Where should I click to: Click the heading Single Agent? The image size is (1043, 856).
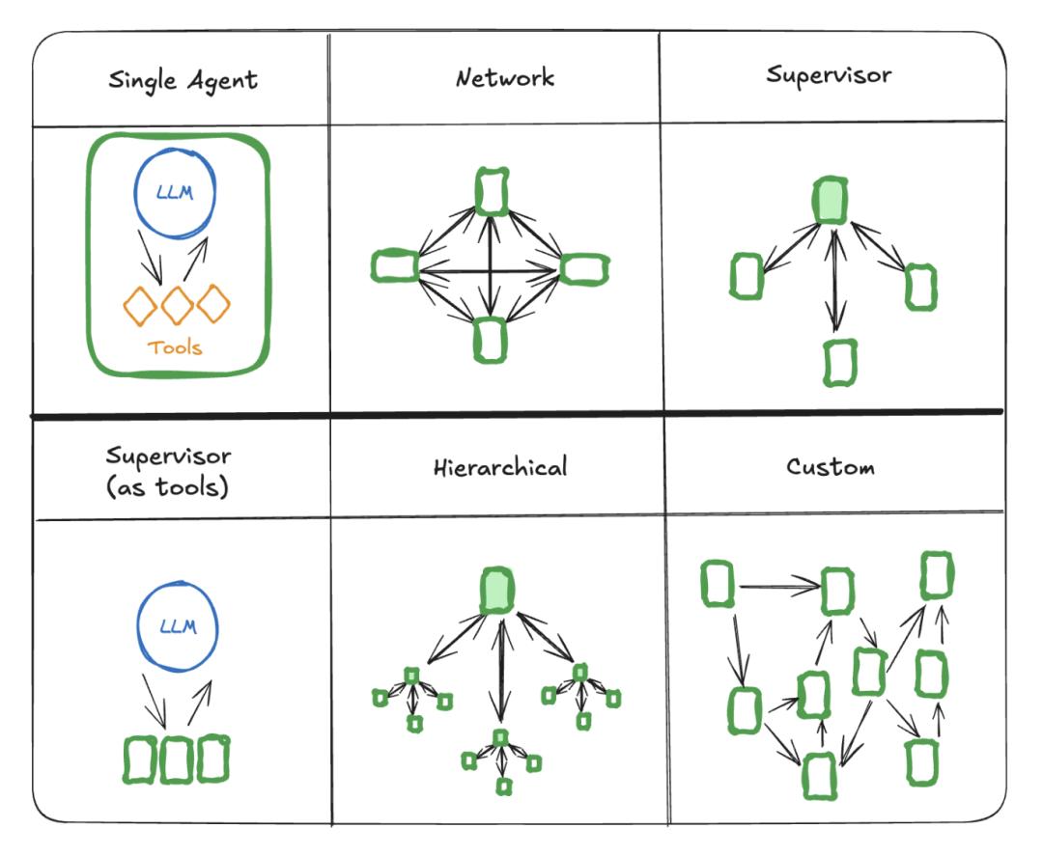(183, 79)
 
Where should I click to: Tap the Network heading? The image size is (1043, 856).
(504, 77)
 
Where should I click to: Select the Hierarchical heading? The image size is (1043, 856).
(500, 468)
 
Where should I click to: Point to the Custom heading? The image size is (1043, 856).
(830, 468)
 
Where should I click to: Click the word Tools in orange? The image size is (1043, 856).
(175, 347)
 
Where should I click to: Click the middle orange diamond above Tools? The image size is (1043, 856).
(177, 306)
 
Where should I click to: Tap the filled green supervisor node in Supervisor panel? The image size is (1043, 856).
(830, 201)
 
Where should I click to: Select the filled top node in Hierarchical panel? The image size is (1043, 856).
(497, 590)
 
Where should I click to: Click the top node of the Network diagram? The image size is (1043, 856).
(492, 191)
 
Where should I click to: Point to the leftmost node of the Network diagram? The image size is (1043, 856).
(394, 266)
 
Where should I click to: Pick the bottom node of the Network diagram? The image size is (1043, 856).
(491, 340)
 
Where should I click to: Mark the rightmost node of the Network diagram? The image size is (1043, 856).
(584, 268)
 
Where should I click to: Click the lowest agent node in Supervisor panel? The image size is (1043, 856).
(839, 363)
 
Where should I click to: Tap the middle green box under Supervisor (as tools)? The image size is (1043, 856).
(176, 759)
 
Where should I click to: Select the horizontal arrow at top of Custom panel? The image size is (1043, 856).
(777, 585)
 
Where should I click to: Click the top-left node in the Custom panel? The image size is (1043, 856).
(718, 585)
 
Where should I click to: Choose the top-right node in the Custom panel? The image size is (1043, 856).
(936, 575)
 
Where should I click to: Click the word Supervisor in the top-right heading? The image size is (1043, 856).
(828, 74)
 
